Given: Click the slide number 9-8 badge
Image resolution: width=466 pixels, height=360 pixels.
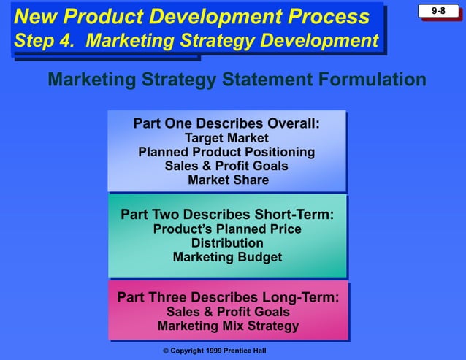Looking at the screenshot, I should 438,12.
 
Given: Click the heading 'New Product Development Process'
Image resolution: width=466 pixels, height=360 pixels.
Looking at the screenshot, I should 192,17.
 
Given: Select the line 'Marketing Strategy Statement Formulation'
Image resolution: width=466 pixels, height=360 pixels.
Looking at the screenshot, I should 237,79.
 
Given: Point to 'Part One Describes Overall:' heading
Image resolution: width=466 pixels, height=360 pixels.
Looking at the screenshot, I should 226,123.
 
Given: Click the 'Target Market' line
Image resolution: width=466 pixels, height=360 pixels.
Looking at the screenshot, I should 226,138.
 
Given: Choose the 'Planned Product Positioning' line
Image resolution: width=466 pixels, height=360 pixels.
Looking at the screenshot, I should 226,152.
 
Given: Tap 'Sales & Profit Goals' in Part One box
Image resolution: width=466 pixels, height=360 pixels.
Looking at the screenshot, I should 226,166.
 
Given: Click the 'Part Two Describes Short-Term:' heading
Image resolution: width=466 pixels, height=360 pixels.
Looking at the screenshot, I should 227,215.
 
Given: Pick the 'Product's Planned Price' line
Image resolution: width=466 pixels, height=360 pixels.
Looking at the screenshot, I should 227,229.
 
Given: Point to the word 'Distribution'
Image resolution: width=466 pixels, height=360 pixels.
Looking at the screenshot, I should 227,243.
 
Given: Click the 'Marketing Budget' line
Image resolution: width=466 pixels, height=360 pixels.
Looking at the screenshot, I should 227,257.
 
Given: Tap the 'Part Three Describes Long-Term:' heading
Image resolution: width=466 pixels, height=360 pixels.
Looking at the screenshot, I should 228,298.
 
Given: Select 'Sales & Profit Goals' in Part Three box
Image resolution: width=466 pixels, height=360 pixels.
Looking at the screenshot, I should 228,312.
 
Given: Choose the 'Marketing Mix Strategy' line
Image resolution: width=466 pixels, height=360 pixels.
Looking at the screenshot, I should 228,326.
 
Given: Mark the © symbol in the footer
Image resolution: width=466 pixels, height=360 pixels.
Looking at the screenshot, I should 166,351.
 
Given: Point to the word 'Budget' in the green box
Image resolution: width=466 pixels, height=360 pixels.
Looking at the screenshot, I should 258,257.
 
